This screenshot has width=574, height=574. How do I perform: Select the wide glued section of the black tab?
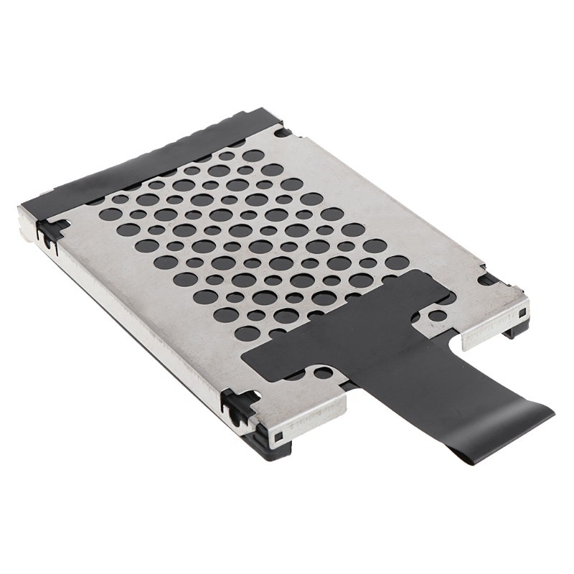337,337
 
